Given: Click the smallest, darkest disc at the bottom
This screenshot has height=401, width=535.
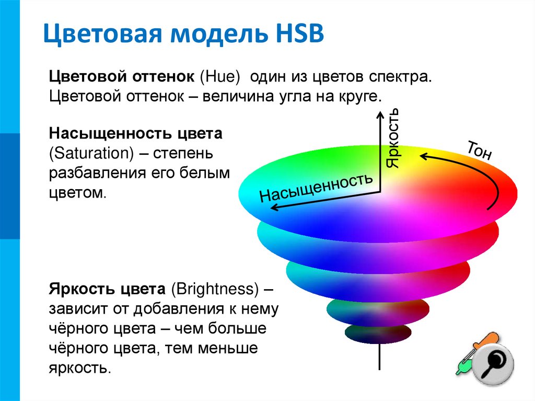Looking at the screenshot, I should pos(377,333).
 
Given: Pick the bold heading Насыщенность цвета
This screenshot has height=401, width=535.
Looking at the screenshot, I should pos(136,134).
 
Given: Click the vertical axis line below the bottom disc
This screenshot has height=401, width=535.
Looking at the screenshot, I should pos(379,358).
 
